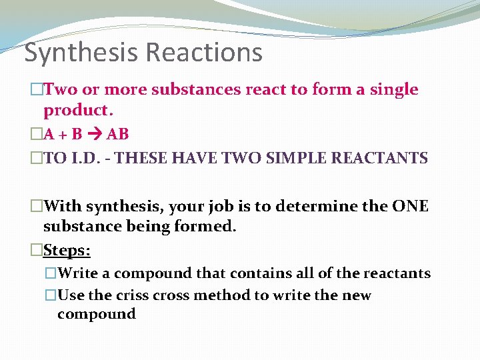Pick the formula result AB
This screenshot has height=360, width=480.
(x=117, y=134)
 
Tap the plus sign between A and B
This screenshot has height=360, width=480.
(x=62, y=134)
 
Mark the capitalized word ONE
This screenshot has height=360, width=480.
(x=410, y=207)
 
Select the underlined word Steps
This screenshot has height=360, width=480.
(x=67, y=250)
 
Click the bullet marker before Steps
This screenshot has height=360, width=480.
(x=37, y=250)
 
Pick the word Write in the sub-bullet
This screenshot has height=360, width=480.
(x=78, y=273)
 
